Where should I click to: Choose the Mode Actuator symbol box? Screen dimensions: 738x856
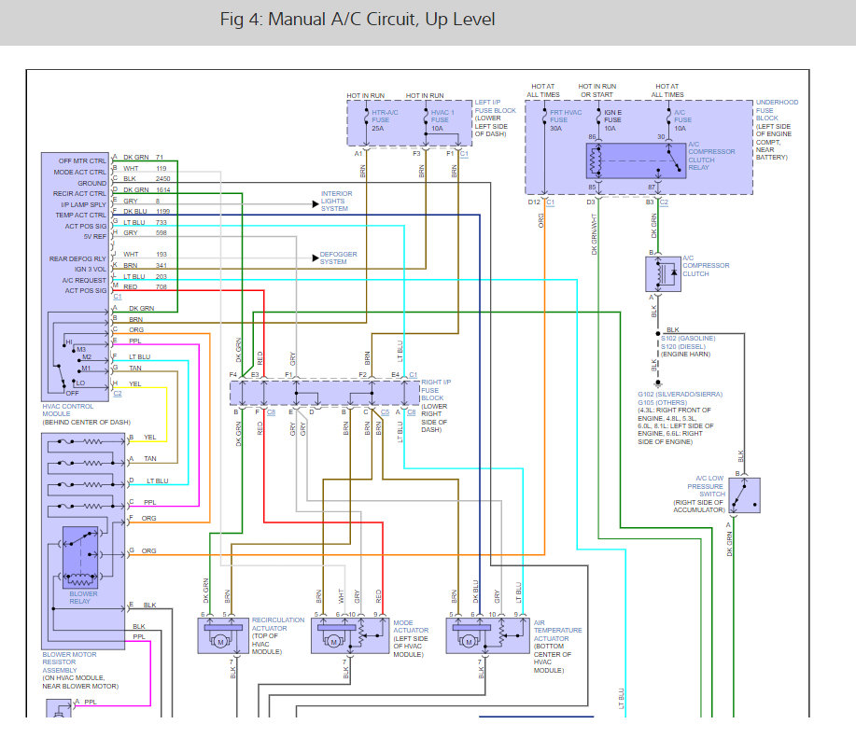[x=347, y=635]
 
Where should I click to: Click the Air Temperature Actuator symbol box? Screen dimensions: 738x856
[x=486, y=635]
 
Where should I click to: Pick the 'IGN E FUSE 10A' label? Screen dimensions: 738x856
[x=612, y=119]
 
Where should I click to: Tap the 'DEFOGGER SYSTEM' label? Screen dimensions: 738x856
[x=338, y=258]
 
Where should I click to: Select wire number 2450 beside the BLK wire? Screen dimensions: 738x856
[x=162, y=178]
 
